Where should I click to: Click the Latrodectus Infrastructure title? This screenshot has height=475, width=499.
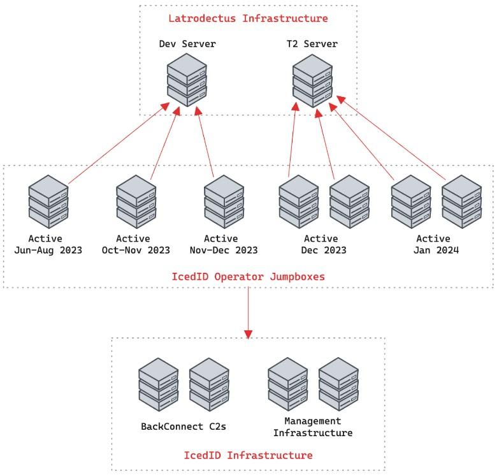point(248,18)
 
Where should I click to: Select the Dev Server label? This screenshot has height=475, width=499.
point(187,44)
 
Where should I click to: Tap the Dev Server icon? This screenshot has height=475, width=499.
point(187,80)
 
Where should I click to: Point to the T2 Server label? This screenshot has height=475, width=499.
point(312,44)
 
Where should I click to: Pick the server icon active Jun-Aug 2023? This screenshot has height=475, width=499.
point(48,202)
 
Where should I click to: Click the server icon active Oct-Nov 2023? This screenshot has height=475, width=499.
point(136,202)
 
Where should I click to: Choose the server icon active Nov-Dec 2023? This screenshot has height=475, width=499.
point(224,202)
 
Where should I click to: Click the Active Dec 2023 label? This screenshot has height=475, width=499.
point(325,244)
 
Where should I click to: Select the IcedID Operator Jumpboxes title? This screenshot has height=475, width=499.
point(248,277)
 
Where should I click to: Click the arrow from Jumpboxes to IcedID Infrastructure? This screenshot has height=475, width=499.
point(249,312)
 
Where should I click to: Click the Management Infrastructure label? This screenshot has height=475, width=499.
point(313,427)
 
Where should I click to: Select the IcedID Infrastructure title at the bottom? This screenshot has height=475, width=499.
point(248,455)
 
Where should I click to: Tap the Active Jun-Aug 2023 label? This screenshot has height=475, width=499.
point(48,244)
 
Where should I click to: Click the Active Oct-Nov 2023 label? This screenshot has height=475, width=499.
point(136,244)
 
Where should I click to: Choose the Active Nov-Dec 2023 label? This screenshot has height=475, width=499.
point(224,244)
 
